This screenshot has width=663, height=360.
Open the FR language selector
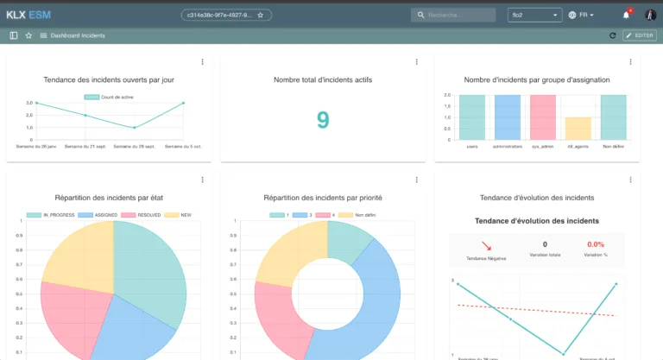(582, 15)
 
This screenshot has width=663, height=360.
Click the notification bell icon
(626, 15)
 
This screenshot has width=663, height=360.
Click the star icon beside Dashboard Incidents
(28, 35)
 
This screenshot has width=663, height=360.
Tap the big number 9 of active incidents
(323, 120)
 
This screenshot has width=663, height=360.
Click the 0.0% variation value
(596, 245)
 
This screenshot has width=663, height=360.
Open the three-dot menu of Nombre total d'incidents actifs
(416, 62)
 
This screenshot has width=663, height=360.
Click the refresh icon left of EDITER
(613, 35)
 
